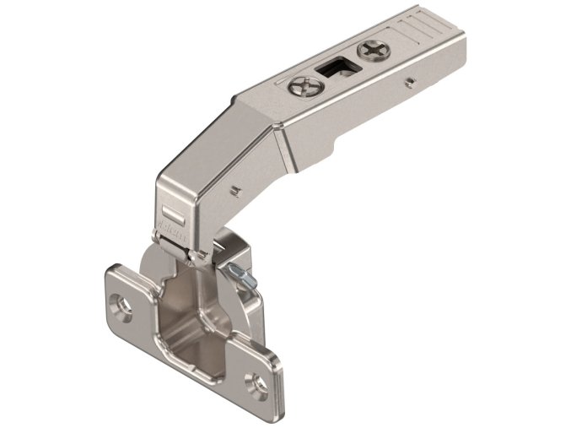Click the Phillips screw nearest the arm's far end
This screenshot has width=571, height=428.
pyautogui.click(x=372, y=50)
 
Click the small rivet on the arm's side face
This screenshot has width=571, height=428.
pyautogui.click(x=410, y=83)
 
